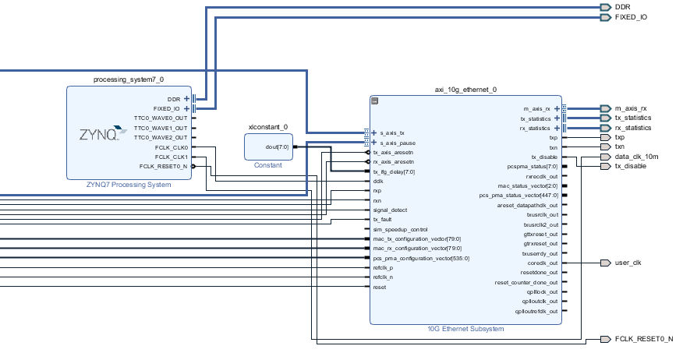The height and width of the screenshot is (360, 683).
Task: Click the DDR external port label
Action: (622, 7)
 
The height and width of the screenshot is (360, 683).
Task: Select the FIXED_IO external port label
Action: (630, 17)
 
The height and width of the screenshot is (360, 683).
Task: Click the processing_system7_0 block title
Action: (129, 79)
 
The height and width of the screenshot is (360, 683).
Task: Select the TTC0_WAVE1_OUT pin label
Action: (161, 128)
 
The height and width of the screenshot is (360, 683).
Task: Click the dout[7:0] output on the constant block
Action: (277, 146)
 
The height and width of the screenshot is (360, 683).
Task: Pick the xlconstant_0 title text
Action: (267, 127)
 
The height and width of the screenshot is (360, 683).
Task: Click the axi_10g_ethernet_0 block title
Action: (465, 90)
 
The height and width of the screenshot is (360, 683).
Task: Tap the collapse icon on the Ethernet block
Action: (374, 101)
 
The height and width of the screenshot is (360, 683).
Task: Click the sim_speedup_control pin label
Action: (400, 230)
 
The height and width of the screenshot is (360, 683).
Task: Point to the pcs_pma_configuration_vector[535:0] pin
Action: (420, 258)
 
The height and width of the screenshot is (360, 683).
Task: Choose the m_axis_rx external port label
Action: (632, 108)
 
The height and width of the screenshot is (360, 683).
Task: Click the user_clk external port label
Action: (628, 263)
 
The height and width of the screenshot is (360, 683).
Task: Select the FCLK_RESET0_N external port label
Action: (643, 340)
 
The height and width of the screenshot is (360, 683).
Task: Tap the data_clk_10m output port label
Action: (636, 157)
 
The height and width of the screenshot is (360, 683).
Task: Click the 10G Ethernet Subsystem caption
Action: (465, 329)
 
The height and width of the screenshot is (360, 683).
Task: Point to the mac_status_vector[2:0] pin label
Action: (528, 185)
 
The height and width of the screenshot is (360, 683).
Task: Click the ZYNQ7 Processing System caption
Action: (129, 185)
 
